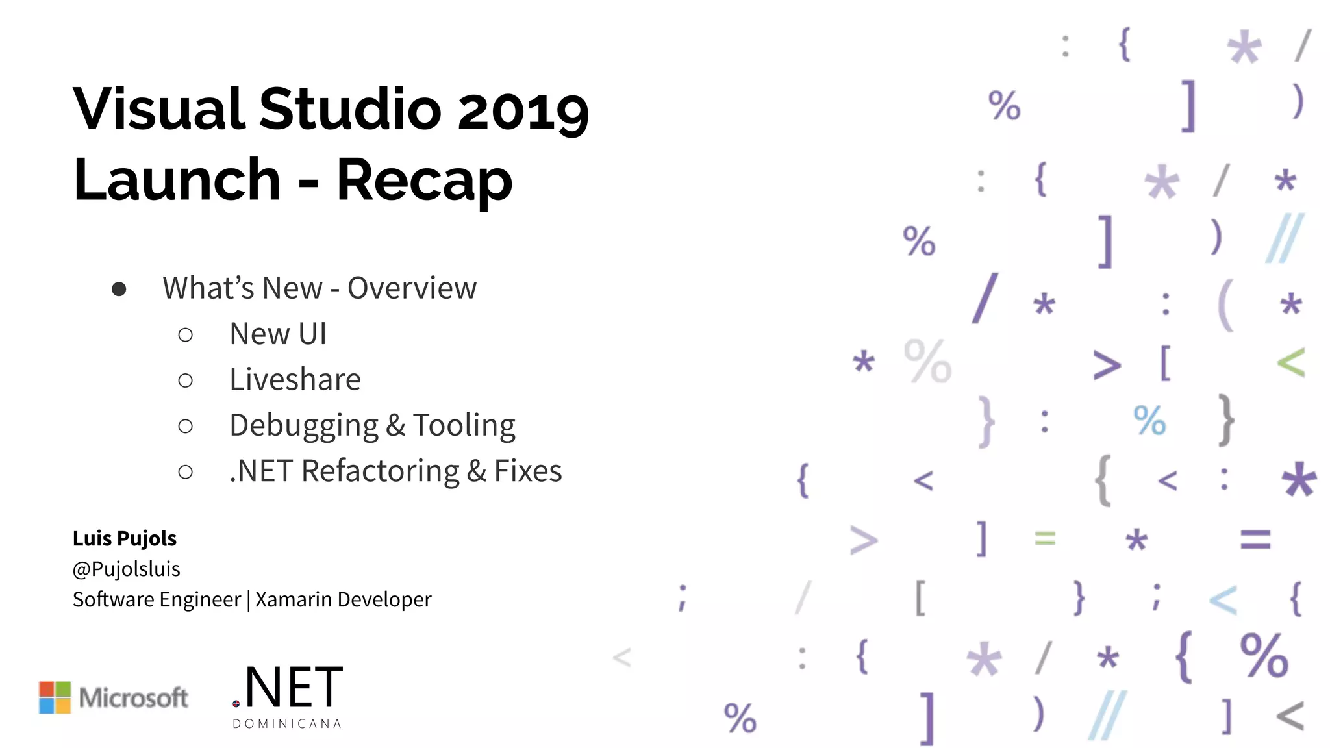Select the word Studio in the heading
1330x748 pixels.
pyautogui.click(x=351, y=109)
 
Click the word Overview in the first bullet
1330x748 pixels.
pyautogui.click(x=412, y=288)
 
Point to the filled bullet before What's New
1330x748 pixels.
pyautogui.click(x=119, y=289)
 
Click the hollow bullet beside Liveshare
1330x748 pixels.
pyautogui.click(x=186, y=380)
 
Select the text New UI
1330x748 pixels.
pyautogui.click(x=278, y=334)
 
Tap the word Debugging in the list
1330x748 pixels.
pyautogui.click(x=303, y=426)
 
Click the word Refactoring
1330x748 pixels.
pyautogui.click(x=381, y=471)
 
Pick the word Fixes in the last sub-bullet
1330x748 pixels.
pyautogui.click(x=528, y=471)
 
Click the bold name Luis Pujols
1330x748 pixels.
pyautogui.click(x=125, y=538)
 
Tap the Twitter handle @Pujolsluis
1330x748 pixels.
pyautogui.click(x=127, y=569)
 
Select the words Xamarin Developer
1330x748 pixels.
pyautogui.click(x=343, y=599)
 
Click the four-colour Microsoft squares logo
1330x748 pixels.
pyautogui.click(x=55, y=697)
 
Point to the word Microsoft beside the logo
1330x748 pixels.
pyautogui.click(x=133, y=698)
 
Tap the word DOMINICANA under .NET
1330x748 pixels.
pyautogui.click(x=287, y=724)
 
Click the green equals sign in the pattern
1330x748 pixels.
pyautogui.click(x=1045, y=538)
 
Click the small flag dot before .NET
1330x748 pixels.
pyautogui.click(x=236, y=704)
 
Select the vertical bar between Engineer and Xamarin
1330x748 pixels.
pyautogui.click(x=248, y=599)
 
